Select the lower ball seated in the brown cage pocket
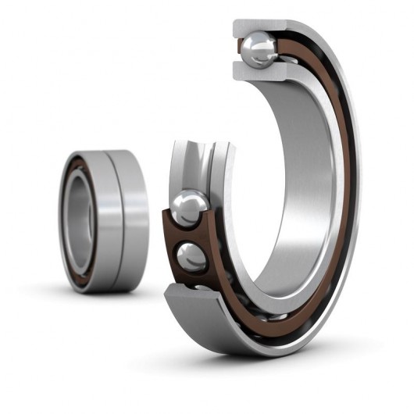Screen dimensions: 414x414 click(x=191, y=256)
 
